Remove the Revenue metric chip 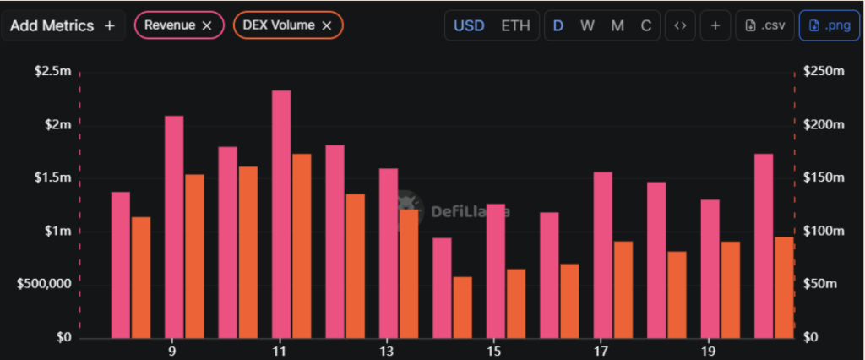(207, 25)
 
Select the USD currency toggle (469, 25)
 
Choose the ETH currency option (515, 25)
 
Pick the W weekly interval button (587, 25)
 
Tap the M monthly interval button (617, 25)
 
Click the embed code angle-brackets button (679, 25)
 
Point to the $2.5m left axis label (53, 72)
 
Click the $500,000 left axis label (43, 284)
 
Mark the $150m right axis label (822, 178)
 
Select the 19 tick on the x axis (709, 352)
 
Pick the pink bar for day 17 (603, 254)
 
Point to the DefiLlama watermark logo (410, 203)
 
